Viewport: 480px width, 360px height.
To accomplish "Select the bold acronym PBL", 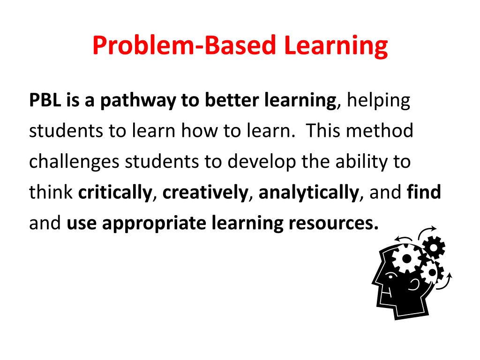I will [x=45, y=100].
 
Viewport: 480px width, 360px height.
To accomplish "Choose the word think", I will [x=51, y=192].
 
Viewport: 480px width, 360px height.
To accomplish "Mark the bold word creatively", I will [x=205, y=192].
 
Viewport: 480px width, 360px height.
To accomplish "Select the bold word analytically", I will [x=308, y=192].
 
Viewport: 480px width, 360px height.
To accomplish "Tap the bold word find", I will [x=424, y=192].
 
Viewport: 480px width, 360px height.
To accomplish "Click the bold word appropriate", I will [x=155, y=223].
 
